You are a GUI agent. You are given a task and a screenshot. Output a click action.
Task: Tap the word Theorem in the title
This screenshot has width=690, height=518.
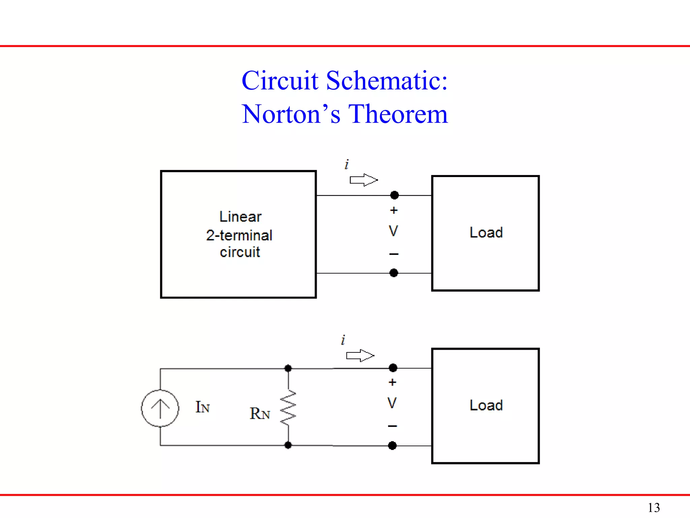pos(398,114)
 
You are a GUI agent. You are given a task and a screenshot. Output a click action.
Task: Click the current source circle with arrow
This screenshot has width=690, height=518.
pos(160,408)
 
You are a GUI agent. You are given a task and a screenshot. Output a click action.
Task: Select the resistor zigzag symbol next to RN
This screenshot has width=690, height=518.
pos(288,408)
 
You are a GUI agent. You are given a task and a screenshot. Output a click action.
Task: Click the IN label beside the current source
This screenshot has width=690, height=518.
pos(202,407)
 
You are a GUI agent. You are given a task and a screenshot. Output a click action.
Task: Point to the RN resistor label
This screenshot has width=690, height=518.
pos(259,413)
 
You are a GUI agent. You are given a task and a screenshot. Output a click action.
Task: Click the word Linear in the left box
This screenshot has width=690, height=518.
pos(240,217)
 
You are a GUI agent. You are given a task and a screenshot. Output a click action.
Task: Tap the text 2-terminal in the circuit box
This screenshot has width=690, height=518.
pos(239,235)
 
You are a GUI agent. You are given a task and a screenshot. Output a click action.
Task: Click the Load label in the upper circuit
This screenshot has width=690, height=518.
pos(486,232)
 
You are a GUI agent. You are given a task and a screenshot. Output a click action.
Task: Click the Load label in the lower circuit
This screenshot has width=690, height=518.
pos(486,405)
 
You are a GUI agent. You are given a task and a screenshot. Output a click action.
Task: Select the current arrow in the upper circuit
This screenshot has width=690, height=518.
pos(364,180)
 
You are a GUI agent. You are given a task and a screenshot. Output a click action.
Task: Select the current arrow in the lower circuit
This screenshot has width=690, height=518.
pos(360,355)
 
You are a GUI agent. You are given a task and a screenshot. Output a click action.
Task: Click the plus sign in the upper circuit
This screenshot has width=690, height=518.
pos(394,210)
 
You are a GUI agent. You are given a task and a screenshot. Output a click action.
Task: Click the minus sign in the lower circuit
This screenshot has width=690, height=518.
pos(393,426)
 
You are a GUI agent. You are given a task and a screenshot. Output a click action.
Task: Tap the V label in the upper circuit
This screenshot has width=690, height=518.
pos(393,231)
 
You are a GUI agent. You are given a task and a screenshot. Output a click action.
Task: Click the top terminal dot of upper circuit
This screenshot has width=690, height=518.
pos(394,195)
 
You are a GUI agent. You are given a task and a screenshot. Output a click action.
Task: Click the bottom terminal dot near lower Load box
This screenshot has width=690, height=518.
pos(392,445)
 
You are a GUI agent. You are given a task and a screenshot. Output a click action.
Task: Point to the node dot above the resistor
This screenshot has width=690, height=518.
pos(288,368)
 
